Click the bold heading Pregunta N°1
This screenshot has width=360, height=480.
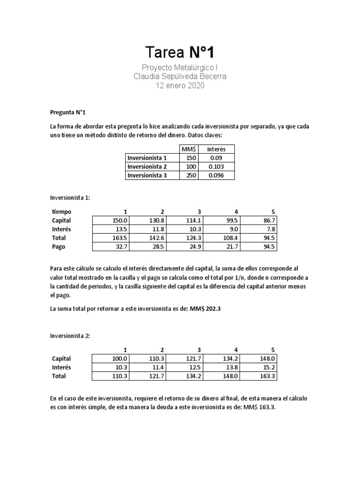click(68, 112)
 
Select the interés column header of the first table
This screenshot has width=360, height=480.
click(216, 149)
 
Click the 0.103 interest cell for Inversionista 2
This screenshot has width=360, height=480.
click(216, 166)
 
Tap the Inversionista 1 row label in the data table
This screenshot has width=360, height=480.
click(147, 158)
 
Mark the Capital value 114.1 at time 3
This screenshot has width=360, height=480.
click(191, 220)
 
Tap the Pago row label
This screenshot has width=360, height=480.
click(59, 247)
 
